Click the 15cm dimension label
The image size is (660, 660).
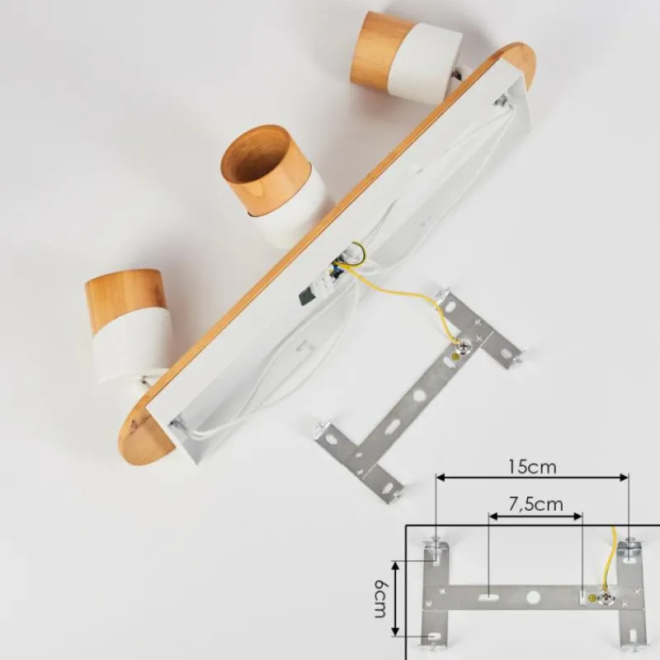pyautogui.click(x=532, y=466)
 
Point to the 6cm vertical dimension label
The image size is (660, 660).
pyautogui.click(x=379, y=598)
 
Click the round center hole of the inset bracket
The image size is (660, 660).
pyautogui.click(x=534, y=596)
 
